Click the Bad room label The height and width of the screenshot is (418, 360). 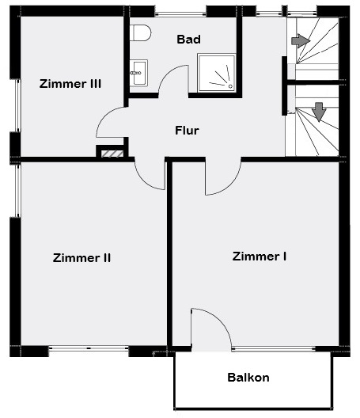coord(188,40)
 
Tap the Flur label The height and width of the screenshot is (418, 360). coord(187,131)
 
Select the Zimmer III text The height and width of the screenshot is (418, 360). coord(70,84)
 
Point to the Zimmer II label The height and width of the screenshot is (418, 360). coord(81,258)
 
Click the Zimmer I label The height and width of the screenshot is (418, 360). coord(260,256)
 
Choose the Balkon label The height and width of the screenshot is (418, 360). coord(248,378)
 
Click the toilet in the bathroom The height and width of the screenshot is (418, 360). coord(141,32)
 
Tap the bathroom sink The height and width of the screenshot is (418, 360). coord(138,73)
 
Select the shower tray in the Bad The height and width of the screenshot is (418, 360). coord(216,73)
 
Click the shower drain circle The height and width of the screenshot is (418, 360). coord(230,86)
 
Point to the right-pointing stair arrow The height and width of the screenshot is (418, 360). coord(301,41)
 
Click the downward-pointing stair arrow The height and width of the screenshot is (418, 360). coord(319,112)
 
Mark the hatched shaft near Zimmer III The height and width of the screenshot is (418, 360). coord(112,154)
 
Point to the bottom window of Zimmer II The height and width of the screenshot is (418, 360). coord(89,348)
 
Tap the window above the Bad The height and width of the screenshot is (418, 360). coord(180,13)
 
